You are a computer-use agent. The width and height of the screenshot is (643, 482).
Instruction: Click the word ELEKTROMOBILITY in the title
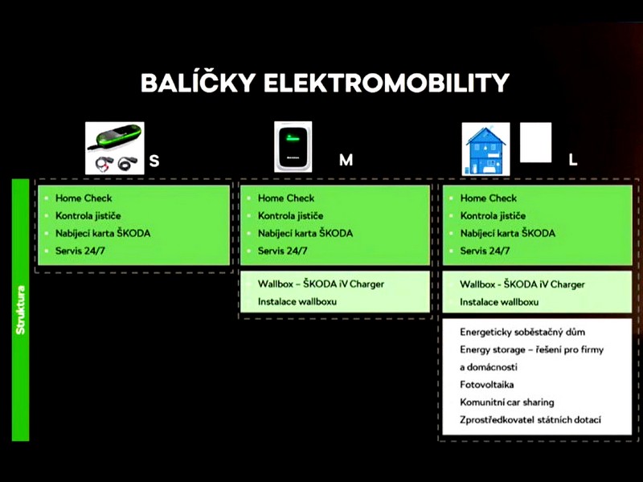tap(387, 83)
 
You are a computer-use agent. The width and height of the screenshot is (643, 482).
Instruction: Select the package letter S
tap(154, 161)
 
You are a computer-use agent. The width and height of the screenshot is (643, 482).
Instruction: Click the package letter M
tap(346, 160)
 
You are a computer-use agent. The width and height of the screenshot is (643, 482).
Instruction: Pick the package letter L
tap(573, 160)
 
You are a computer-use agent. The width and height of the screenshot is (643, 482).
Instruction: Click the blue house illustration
tap(486, 149)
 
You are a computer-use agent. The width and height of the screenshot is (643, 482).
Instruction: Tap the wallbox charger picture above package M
tap(293, 147)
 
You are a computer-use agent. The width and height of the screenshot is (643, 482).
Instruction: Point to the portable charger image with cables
tap(115, 148)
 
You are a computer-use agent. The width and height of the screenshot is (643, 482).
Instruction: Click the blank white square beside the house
tap(535, 142)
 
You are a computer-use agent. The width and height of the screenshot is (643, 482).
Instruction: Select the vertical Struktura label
tap(21, 310)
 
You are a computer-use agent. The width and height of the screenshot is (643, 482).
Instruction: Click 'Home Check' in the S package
tap(84, 198)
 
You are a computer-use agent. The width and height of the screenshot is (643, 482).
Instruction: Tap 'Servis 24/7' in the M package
tap(283, 251)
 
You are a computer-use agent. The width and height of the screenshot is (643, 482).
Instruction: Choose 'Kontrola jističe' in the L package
tap(493, 215)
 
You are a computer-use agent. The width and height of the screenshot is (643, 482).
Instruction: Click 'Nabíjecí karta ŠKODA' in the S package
tap(103, 233)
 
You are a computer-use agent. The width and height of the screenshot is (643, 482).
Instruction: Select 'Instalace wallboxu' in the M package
tap(297, 302)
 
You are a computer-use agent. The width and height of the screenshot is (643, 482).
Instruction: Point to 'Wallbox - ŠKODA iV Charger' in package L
tap(522, 284)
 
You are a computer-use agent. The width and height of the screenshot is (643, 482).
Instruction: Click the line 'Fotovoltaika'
tap(487, 385)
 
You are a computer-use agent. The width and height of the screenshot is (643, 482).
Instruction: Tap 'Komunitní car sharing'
tap(507, 402)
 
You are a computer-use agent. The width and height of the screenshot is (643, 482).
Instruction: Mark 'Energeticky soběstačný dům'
tap(522, 332)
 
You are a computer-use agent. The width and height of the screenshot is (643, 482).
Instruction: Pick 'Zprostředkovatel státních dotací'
tap(530, 419)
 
